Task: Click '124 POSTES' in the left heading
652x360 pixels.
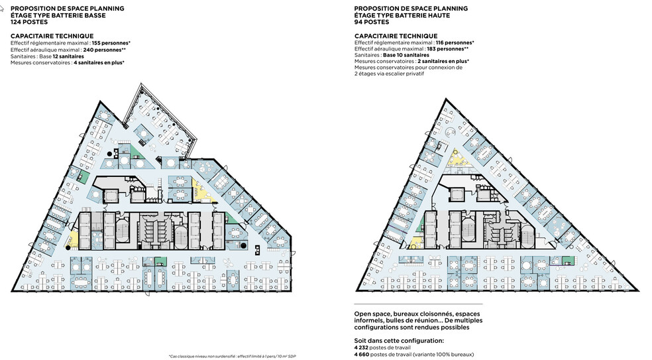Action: click(29, 22)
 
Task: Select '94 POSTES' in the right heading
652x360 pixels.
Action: click(372, 22)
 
